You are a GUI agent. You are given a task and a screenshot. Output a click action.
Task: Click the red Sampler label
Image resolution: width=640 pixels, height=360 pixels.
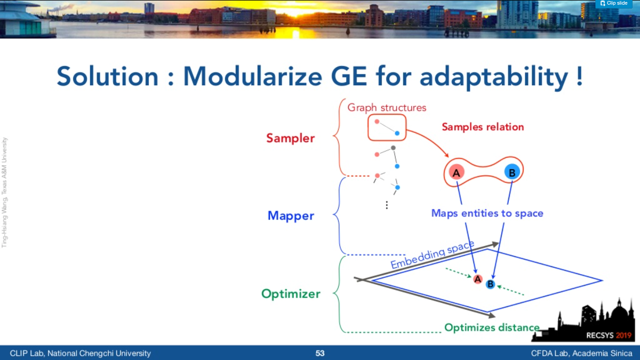(290, 138)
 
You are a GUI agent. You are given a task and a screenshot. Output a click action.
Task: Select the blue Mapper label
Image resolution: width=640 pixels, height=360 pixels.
(291, 215)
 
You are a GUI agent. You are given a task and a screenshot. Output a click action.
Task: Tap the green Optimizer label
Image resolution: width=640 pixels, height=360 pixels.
(291, 294)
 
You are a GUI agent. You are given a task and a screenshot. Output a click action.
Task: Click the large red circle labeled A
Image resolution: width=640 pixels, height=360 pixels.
(457, 172)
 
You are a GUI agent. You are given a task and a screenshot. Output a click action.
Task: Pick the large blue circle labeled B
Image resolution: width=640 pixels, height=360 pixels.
(512, 172)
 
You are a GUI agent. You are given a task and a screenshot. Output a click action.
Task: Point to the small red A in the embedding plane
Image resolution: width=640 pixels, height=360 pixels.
(478, 279)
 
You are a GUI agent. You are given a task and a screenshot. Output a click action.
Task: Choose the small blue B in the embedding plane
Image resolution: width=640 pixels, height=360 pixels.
(490, 284)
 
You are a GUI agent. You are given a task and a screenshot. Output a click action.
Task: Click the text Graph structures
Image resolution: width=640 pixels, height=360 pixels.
(387, 108)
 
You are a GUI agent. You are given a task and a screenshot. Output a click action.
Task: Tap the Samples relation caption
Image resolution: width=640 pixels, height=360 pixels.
(483, 127)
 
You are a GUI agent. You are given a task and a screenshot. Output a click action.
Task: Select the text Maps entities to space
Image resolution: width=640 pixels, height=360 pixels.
(487, 213)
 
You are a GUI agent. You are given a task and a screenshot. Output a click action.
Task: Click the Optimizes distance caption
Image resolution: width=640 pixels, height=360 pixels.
(492, 327)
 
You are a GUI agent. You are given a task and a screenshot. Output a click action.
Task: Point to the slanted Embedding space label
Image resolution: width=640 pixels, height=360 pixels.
(433, 254)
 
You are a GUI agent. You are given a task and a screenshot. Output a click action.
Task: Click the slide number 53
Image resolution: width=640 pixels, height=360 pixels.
(319, 354)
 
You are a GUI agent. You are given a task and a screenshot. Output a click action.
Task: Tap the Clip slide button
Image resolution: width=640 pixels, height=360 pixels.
(614, 3)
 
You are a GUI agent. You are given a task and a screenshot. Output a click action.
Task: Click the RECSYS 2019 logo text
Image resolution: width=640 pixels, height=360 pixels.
(609, 335)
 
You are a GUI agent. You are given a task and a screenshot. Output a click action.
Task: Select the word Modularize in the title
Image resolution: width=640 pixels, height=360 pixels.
(253, 76)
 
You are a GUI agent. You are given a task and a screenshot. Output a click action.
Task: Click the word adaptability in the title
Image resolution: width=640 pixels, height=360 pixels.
(494, 78)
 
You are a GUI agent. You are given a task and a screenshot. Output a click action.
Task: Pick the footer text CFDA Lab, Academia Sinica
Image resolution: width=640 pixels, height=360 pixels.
(581, 354)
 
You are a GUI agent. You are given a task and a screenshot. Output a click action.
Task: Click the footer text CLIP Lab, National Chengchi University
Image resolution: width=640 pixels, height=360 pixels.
(81, 354)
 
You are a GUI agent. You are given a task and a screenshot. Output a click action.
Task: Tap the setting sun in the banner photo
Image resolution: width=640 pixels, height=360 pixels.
(296, 12)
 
